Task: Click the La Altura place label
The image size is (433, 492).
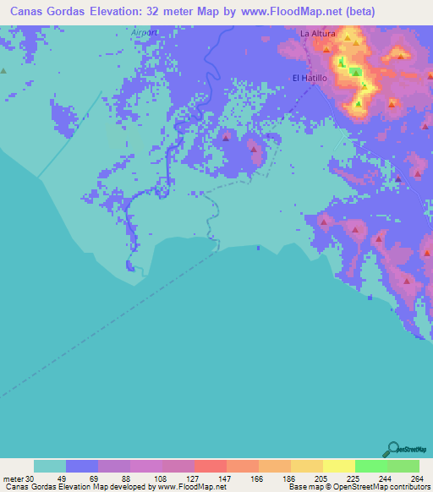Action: point(318,34)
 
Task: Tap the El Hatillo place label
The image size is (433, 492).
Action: point(309,78)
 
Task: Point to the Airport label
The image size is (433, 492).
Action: point(145,33)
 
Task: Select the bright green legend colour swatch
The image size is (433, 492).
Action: point(370,465)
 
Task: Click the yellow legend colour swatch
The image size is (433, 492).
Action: point(338,465)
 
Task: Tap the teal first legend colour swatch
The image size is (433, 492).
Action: point(49,465)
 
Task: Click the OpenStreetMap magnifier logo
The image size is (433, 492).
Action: point(393,448)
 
